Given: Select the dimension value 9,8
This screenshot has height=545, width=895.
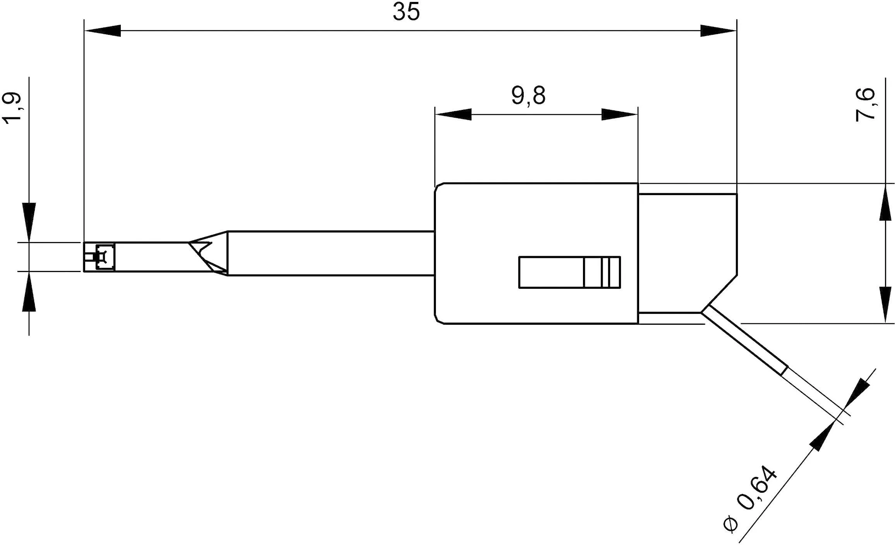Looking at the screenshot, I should coord(528,96).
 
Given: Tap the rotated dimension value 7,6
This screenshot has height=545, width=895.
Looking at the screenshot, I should coord(865,105).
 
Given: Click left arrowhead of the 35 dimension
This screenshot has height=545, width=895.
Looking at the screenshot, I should coord(103,31).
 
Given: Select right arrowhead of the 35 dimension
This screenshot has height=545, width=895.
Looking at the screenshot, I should coord(718,31).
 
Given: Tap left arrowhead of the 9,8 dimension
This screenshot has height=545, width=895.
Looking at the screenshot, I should coord(453,115).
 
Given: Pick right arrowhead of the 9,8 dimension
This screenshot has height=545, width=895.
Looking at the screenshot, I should coord(619,115).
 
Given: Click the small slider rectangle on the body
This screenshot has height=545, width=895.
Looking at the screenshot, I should coord(569,272).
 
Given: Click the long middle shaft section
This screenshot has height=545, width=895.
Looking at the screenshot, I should coord(329,254).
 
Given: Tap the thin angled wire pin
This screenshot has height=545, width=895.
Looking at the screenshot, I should coord(743,341).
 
